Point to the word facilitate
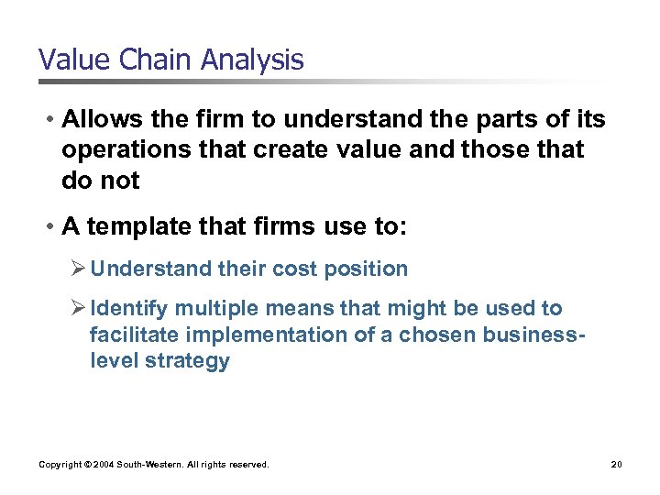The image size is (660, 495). (x=129, y=335)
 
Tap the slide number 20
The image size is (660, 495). (x=617, y=465)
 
